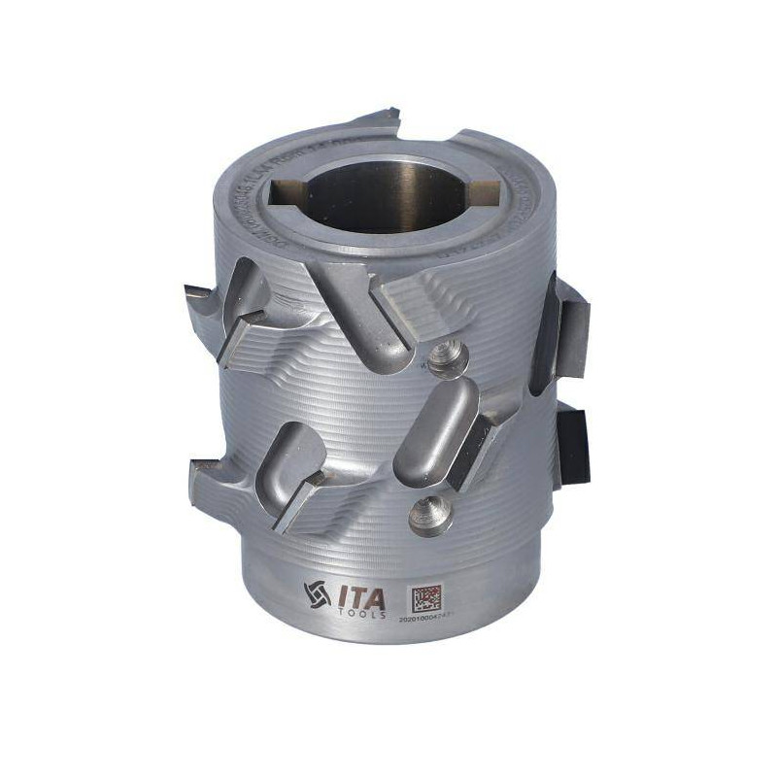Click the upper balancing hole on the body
[x=448, y=355]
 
